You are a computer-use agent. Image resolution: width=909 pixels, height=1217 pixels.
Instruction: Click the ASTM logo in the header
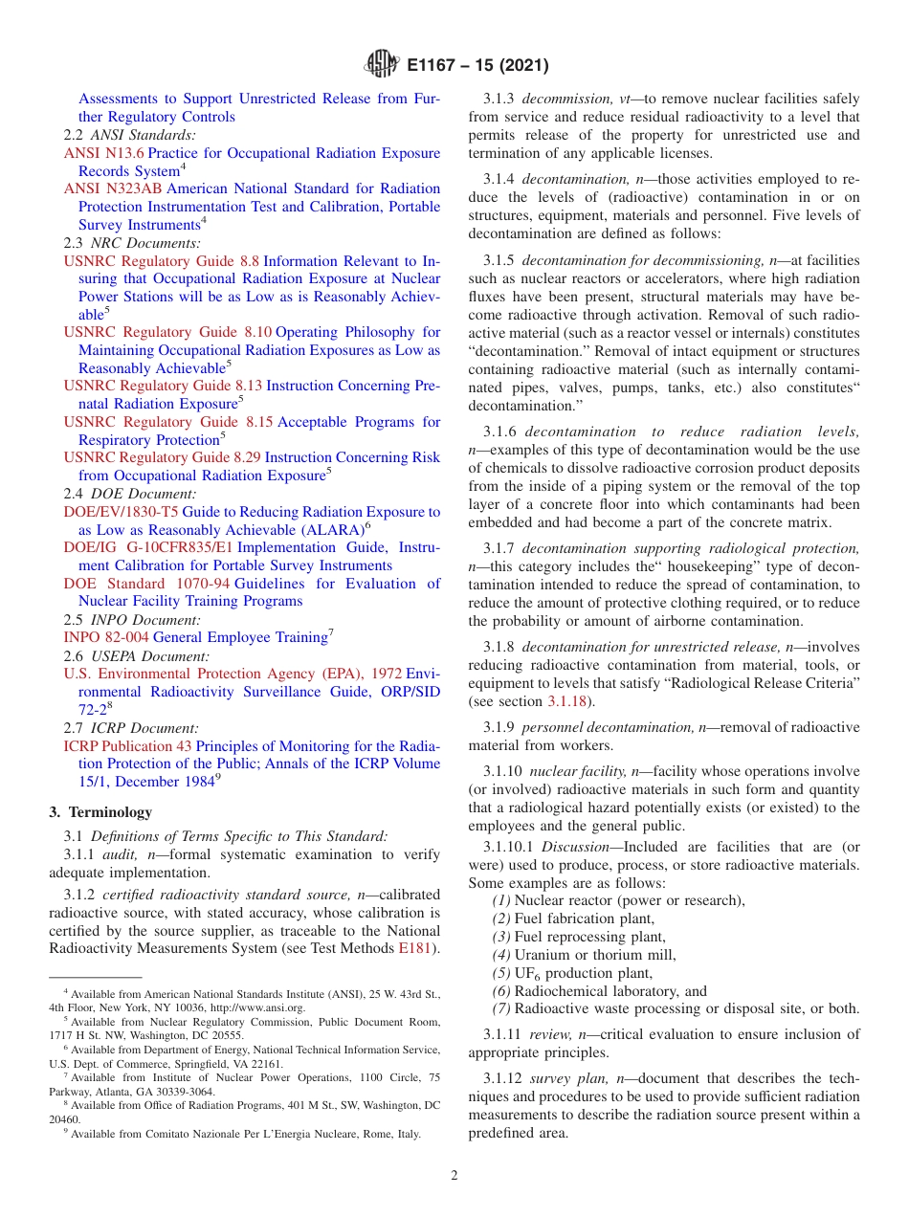pyautogui.click(x=383, y=65)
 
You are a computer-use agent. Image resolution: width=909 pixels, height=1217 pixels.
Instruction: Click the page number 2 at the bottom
pyautogui.click(x=454, y=1175)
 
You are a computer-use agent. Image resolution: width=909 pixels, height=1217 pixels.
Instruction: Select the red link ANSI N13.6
pyautogui.click(x=103, y=153)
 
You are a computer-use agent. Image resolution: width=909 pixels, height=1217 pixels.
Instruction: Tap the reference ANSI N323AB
pyautogui.click(x=112, y=188)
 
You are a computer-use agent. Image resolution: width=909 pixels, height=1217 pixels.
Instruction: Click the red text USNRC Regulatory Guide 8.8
pyautogui.click(x=162, y=260)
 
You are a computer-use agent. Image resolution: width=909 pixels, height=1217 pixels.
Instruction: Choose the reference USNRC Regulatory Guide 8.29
pyautogui.click(x=162, y=457)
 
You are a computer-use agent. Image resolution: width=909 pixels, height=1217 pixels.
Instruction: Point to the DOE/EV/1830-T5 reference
pyautogui.click(x=121, y=512)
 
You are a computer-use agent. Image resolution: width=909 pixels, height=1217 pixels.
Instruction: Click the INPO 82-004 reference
pyautogui.click(x=106, y=637)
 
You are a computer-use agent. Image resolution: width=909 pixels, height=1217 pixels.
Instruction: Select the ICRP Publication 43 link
pyautogui.click(x=127, y=745)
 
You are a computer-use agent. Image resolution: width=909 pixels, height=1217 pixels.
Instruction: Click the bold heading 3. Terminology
pyautogui.click(x=100, y=812)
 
